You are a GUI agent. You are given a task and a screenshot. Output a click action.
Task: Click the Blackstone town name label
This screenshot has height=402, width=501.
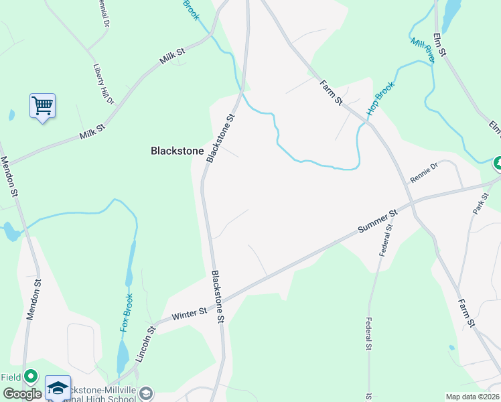pyautogui.click(x=177, y=151)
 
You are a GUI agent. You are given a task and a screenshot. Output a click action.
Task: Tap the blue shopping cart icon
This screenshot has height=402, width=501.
pyautogui.click(x=42, y=106)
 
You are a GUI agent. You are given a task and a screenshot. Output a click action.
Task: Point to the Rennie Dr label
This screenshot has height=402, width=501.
pyautogui.click(x=423, y=174)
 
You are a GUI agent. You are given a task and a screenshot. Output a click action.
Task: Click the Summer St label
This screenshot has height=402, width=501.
pyautogui.click(x=378, y=220)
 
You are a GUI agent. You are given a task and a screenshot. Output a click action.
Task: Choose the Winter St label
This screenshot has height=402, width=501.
pyautogui.click(x=190, y=313)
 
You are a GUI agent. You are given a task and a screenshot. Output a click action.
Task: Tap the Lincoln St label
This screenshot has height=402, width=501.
pyautogui.click(x=145, y=344)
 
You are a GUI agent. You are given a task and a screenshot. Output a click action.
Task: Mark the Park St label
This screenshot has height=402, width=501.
pyautogui.click(x=478, y=204)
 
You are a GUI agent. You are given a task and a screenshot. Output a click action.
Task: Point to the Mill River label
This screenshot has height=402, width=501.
pyautogui.click(x=423, y=50)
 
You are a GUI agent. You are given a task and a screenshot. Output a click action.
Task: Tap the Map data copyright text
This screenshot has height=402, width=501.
pyautogui.click(x=473, y=397)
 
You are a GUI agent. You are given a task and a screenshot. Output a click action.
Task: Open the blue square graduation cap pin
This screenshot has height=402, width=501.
pyautogui.click(x=58, y=388)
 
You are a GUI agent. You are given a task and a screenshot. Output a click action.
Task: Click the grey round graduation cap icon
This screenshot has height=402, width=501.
pyautogui.click(x=146, y=393)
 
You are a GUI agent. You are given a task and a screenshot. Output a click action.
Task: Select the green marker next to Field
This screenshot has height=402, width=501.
pyautogui.click(x=30, y=377)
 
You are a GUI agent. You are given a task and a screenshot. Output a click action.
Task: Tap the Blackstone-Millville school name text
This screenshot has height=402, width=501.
pyautogui.click(x=100, y=393)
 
